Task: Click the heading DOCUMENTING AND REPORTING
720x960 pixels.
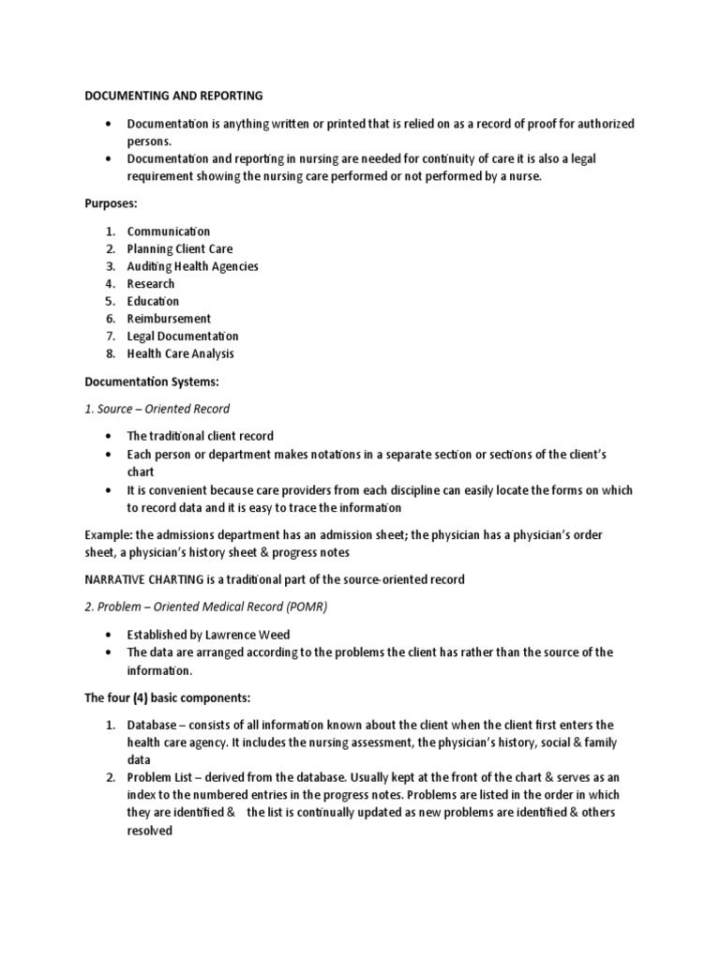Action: pyautogui.click(x=173, y=96)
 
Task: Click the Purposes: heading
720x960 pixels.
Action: pyautogui.click(x=112, y=204)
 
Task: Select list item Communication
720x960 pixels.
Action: pyautogui.click(x=169, y=232)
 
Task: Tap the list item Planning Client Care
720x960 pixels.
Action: pyautogui.click(x=180, y=248)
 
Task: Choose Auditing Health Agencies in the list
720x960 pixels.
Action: pyautogui.click(x=192, y=266)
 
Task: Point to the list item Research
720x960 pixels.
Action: pyautogui.click(x=151, y=284)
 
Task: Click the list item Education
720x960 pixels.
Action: pyautogui.click(x=153, y=301)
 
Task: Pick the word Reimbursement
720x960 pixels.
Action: pyautogui.click(x=169, y=319)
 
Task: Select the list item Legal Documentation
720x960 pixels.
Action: pyautogui.click(x=183, y=337)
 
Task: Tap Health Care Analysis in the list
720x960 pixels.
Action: pyautogui.click(x=180, y=353)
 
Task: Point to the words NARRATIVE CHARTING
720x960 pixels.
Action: pyautogui.click(x=142, y=579)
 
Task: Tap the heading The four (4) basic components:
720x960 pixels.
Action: pyautogui.click(x=169, y=698)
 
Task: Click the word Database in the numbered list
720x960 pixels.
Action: pyautogui.click(x=152, y=726)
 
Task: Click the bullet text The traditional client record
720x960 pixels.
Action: pyautogui.click(x=201, y=437)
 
